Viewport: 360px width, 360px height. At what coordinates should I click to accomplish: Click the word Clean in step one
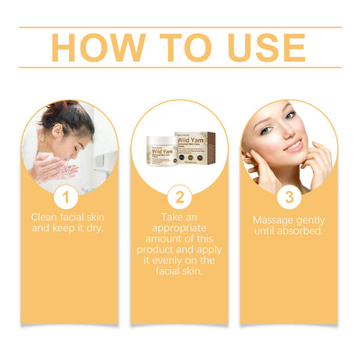pyautogui.click(x=46, y=216)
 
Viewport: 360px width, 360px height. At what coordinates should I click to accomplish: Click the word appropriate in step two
pyautogui.click(x=179, y=228)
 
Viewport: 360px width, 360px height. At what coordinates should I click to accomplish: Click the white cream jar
pyautogui.click(x=160, y=149)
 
